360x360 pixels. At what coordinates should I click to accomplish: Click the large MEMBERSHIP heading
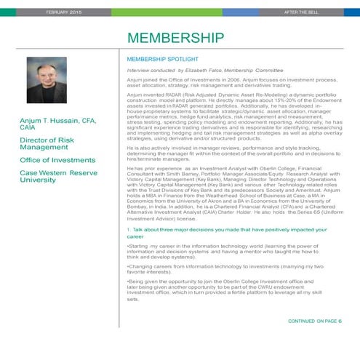point(170,38)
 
